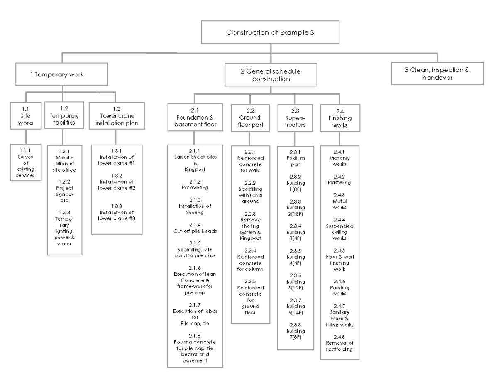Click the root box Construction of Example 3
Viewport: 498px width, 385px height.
click(x=270, y=32)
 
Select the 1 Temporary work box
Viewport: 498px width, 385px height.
click(x=62, y=74)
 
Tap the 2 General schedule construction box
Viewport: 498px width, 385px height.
click(x=271, y=75)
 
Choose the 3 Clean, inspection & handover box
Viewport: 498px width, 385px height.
click(x=437, y=74)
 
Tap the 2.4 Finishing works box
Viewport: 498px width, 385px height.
click(x=339, y=118)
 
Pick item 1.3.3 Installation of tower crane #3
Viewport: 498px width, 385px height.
click(x=117, y=212)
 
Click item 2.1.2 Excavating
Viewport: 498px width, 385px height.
click(x=195, y=185)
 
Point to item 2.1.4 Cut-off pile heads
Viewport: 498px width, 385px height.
click(x=195, y=228)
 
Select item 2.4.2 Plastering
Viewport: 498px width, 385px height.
click(x=339, y=179)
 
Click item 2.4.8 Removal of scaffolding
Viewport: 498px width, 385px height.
click(x=339, y=343)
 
